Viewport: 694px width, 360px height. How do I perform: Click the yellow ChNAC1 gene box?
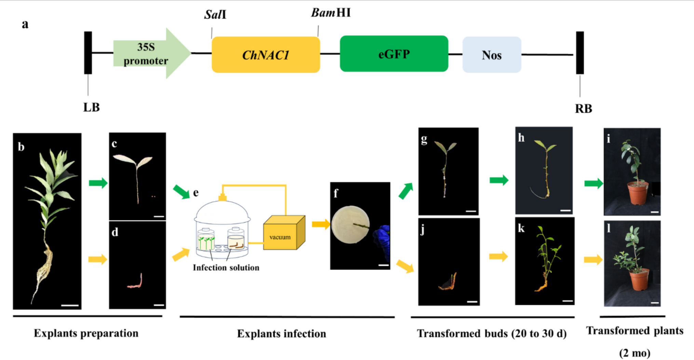pos(266,55)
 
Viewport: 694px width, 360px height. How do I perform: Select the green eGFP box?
pos(394,54)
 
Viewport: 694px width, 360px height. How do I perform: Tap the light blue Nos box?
pos(491,55)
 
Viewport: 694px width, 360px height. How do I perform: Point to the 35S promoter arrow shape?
pos(150,54)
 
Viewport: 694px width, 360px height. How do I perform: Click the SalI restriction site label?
pos(215,14)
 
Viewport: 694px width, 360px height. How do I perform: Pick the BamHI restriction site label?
pos(330,13)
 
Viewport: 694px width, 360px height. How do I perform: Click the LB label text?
pos(91,107)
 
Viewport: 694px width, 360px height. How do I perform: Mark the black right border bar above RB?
pos(580,53)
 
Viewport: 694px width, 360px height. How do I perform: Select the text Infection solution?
pos(226,267)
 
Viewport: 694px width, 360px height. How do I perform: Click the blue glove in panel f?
pos(383,239)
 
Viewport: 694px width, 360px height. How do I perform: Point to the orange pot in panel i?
pos(638,193)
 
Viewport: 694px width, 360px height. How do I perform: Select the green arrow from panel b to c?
pos(98,183)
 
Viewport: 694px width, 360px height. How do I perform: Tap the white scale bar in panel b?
pos(70,305)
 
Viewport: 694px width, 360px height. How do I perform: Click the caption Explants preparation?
pos(86,333)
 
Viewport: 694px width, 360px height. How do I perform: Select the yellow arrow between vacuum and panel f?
pos(321,224)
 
